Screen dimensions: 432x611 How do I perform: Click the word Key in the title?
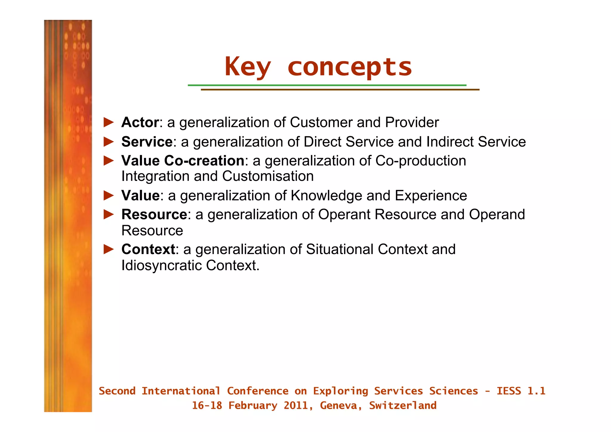pos(248,67)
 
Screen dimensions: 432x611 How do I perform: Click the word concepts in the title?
pos(350,67)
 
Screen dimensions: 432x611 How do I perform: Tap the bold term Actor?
pos(140,122)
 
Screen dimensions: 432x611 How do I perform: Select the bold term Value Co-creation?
pos(183,161)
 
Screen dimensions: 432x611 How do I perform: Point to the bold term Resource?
pos(154,214)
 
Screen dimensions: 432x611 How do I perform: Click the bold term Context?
pos(148,249)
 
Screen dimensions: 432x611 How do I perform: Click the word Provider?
pos(412,122)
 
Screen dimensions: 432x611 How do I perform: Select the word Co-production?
pos(420,161)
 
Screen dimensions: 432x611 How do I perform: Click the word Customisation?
pos(268,176)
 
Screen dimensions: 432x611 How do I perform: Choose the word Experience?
pos(431,196)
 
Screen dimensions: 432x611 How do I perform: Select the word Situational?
pos(340,249)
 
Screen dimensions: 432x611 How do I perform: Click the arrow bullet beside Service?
pos(109,142)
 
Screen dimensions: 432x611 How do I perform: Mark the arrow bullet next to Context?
pos(109,249)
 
